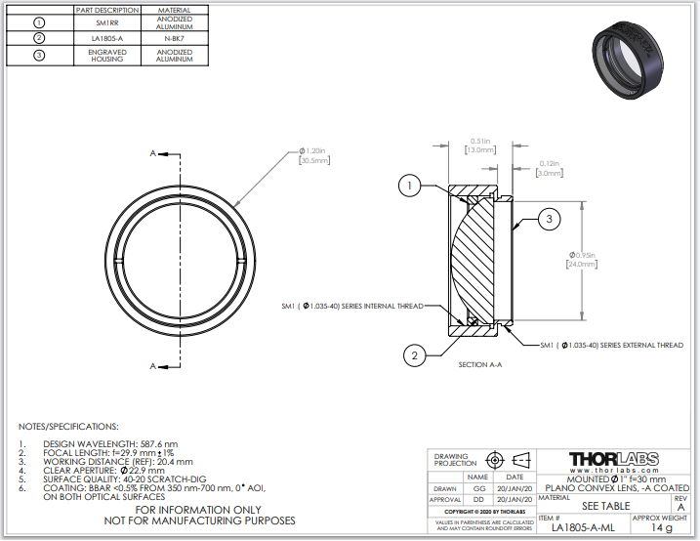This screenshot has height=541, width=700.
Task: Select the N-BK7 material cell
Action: (174, 39)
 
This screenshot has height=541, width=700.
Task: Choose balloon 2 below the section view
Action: (414, 356)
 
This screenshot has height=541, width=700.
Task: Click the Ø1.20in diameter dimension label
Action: (312, 156)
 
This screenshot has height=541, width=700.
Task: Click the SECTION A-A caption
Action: (479, 364)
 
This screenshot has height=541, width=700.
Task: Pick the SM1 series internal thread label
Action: (351, 306)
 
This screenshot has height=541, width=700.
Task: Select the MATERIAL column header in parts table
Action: (174, 10)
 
